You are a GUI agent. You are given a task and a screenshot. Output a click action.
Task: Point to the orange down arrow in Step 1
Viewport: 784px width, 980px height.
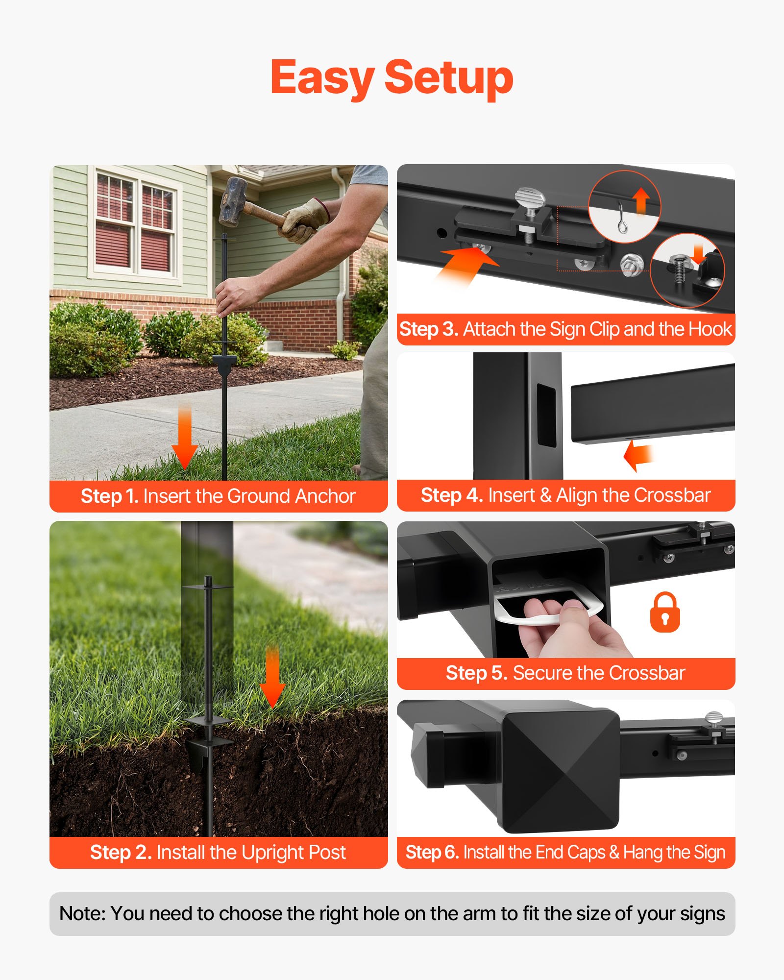pyautogui.click(x=185, y=439)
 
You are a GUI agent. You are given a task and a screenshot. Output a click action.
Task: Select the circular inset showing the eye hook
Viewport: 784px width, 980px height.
pyautogui.click(x=624, y=207)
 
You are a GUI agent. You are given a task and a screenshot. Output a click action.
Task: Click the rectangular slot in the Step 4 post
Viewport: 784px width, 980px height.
pyautogui.click(x=546, y=415)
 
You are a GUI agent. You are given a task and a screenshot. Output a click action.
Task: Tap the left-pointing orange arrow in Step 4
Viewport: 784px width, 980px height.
pyautogui.click(x=638, y=455)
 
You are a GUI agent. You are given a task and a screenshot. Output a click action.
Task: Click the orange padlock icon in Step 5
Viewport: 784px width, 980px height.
pyautogui.click(x=664, y=612)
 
